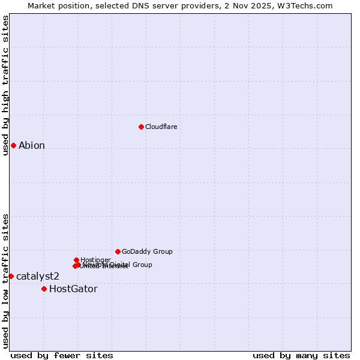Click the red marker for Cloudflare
(x=141, y=127)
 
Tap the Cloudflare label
(x=161, y=127)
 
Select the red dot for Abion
(x=13, y=145)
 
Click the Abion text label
(x=32, y=145)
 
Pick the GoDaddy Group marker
(x=118, y=251)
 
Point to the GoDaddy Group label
(x=147, y=251)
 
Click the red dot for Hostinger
(x=76, y=260)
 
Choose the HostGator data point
(x=44, y=289)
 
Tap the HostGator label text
(x=73, y=289)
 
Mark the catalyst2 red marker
(x=11, y=276)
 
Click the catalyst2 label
(x=38, y=276)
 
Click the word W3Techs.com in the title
(x=309, y=5)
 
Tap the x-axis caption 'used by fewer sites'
(x=62, y=355)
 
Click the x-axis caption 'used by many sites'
(x=301, y=355)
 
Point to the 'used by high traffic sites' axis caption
(x=5, y=85)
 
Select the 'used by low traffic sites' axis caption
(x=5, y=280)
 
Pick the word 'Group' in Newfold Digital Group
(x=142, y=265)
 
